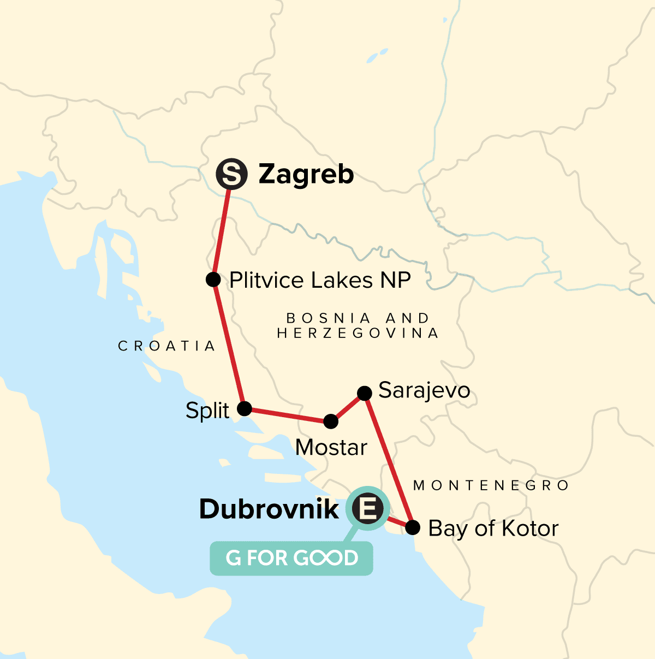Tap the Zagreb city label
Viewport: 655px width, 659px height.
point(306,175)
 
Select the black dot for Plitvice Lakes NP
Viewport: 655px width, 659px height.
point(213,280)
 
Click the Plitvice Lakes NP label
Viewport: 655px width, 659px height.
point(320,280)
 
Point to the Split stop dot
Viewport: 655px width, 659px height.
point(244,408)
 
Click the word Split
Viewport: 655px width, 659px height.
point(207,411)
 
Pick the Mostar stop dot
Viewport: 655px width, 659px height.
point(331,421)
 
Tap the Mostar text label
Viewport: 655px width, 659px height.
point(331,448)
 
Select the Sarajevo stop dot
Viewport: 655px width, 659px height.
point(364,393)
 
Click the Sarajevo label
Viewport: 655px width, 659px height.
point(424,391)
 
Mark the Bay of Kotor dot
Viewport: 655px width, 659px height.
point(413,527)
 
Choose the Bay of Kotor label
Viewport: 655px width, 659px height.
point(493,529)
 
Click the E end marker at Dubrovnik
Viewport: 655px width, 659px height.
point(367,509)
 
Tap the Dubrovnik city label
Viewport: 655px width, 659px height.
point(269,509)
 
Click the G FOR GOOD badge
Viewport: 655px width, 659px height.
point(291,558)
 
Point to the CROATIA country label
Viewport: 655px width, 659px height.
point(166,346)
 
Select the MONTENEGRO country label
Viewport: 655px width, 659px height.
point(491,485)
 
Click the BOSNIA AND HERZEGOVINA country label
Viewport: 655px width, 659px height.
point(358,325)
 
